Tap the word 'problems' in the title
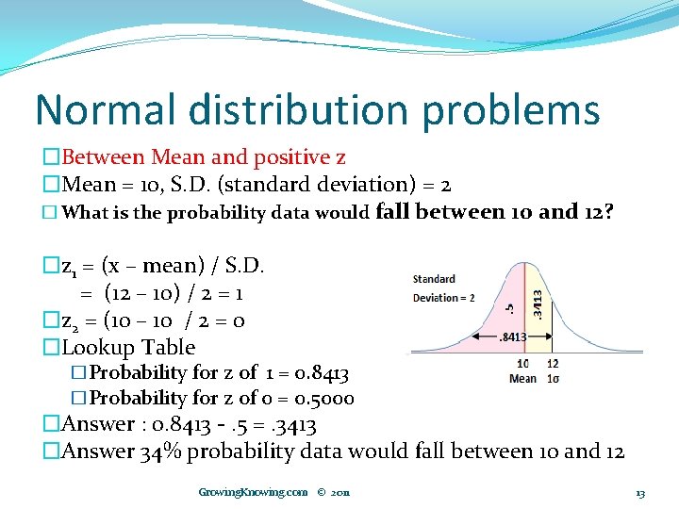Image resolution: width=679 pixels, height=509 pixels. coord(511,111)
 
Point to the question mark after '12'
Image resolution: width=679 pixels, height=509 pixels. coord(608,211)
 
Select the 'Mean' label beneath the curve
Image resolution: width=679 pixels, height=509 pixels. coord(522,378)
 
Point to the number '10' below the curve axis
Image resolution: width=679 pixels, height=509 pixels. coord(522,364)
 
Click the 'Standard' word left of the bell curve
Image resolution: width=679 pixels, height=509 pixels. coord(434,279)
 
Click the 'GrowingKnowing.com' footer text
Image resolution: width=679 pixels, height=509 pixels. coord(253,492)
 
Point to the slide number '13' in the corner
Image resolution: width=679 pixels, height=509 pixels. coord(640,493)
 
